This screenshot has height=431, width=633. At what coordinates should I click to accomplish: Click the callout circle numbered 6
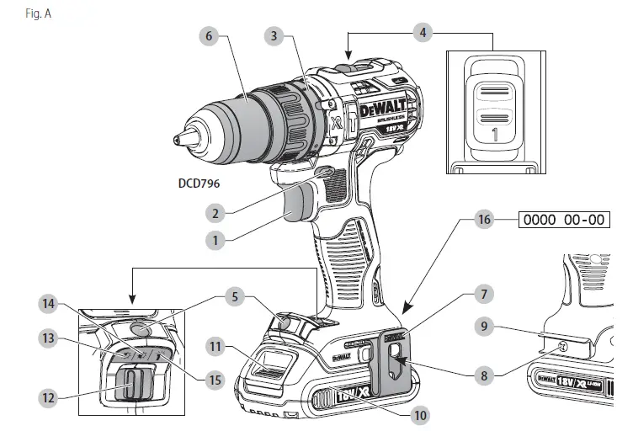(x=210, y=35)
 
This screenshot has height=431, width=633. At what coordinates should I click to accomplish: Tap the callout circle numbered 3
(x=272, y=35)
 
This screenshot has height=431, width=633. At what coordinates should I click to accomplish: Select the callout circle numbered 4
(x=423, y=33)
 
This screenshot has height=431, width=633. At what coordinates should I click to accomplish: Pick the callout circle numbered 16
(x=482, y=220)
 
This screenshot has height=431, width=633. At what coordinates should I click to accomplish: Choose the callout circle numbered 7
(x=482, y=295)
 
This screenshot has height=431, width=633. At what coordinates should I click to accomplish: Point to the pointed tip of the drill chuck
(x=178, y=139)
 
